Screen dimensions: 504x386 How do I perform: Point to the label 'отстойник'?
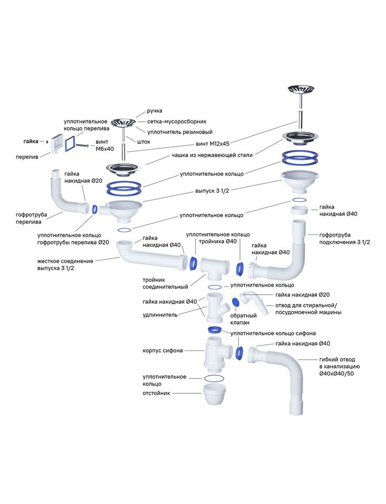[x=156, y=393]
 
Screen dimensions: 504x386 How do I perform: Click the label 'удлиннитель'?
[x=159, y=315]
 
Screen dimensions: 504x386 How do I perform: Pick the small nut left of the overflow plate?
[x=47, y=141]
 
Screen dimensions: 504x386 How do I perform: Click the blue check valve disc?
[x=235, y=302]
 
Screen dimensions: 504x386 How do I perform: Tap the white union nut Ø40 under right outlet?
[x=301, y=211]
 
